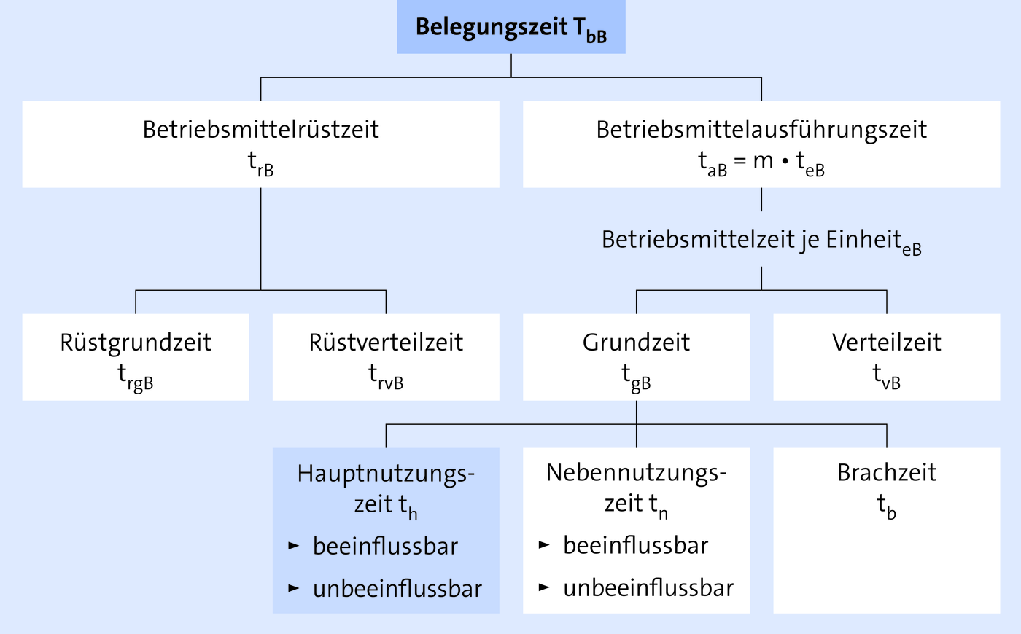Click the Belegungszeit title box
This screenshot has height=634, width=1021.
(511, 27)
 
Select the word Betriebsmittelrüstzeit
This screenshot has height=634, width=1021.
(261, 130)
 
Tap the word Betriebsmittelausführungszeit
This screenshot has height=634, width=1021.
(761, 130)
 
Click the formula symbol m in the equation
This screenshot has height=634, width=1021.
(763, 161)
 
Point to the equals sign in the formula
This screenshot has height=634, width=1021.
(739, 161)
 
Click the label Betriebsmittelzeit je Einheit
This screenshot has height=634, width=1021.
(752, 240)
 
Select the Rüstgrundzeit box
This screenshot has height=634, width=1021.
(136, 357)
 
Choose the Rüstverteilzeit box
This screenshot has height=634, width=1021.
(386, 357)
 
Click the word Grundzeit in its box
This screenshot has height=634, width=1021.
(636, 343)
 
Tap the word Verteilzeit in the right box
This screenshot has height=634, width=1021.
(887, 343)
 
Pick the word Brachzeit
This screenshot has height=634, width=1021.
(887, 472)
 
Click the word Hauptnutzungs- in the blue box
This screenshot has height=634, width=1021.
(386, 474)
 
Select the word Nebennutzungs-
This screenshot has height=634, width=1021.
(636, 473)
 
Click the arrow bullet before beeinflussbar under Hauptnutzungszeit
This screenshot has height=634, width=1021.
(293, 546)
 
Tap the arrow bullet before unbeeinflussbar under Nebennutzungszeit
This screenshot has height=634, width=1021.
(544, 587)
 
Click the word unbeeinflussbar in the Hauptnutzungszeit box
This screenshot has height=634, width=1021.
(397, 589)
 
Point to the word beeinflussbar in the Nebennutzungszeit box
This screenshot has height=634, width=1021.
(636, 546)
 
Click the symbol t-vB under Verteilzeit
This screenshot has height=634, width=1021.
(887, 377)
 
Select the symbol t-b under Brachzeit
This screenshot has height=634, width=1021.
(887, 506)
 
